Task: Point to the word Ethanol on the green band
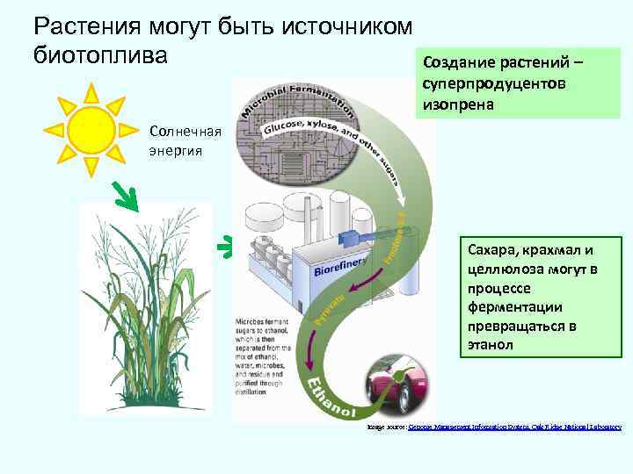(334, 398)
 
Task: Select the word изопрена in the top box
(458, 104)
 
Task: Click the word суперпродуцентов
(494, 83)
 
